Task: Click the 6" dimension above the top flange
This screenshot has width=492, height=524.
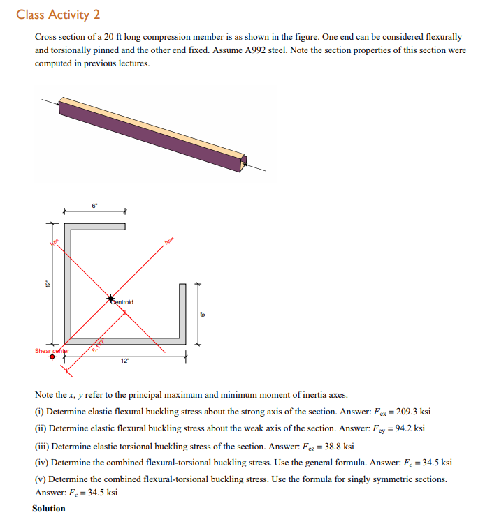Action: [94, 205]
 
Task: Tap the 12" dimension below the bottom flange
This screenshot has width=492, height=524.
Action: [124, 361]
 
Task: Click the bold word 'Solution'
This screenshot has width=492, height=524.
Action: [49, 508]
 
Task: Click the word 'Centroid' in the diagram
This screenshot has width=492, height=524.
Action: [123, 302]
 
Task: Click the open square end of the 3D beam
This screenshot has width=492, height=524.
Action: [243, 163]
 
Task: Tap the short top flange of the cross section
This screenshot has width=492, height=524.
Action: [95, 226]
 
